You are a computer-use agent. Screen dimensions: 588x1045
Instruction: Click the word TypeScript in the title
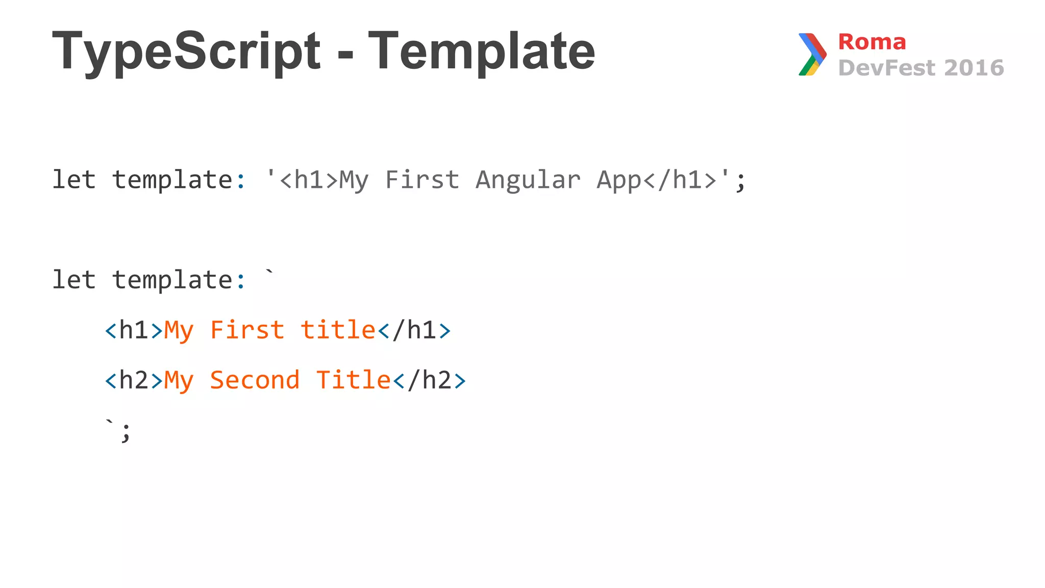click(x=186, y=52)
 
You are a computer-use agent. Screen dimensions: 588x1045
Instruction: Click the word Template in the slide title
click(x=481, y=52)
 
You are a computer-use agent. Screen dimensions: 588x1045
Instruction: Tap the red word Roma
click(x=872, y=42)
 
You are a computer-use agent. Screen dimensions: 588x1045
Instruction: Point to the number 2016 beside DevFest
click(x=974, y=68)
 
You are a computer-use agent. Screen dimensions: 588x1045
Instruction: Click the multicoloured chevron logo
click(x=812, y=54)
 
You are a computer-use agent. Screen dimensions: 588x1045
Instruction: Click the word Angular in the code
click(x=528, y=180)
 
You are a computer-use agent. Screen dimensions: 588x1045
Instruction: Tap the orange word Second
click(x=255, y=380)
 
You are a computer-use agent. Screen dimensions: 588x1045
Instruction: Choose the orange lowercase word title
click(x=338, y=330)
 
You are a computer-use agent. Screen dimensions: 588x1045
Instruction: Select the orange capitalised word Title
click(x=353, y=380)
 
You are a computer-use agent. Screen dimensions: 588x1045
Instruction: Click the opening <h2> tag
click(x=134, y=381)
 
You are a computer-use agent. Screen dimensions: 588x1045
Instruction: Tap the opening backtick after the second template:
click(x=269, y=274)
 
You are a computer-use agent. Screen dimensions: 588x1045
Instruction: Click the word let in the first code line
click(x=74, y=180)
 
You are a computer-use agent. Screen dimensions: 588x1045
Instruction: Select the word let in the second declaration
click(x=74, y=280)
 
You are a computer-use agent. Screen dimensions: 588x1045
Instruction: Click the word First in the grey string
click(x=422, y=180)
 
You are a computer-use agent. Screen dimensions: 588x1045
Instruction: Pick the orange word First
click(x=247, y=330)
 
